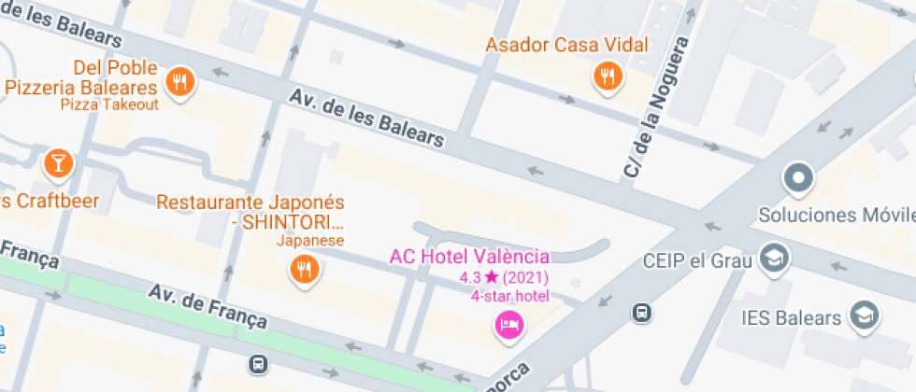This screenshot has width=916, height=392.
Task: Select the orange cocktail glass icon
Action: pyautogui.click(x=57, y=164)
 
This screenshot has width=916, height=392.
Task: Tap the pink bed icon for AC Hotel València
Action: pyautogui.click(x=509, y=325)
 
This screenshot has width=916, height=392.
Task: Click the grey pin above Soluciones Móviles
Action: pyautogui.click(x=798, y=176)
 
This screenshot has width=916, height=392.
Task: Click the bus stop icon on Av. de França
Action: pyautogui.click(x=258, y=363)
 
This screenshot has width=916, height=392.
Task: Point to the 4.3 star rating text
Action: pyautogui.click(x=503, y=277)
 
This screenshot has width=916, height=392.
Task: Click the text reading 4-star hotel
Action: pyautogui.click(x=510, y=296)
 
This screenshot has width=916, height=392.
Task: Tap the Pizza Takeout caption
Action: pyautogui.click(x=109, y=105)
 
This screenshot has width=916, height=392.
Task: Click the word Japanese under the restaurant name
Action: pyautogui.click(x=311, y=241)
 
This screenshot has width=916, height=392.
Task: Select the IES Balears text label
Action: pyautogui.click(x=791, y=318)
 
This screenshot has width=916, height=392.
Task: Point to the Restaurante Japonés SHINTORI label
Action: pyautogui.click(x=250, y=213)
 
